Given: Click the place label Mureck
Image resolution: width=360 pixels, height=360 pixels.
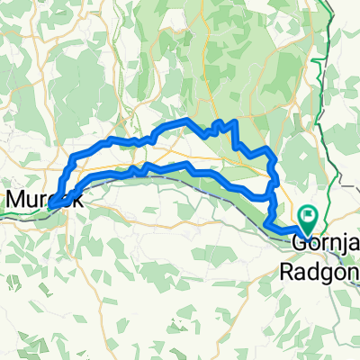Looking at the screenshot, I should click(x=44, y=199).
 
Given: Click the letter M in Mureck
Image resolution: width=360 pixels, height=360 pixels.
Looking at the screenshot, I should click(x=15, y=199).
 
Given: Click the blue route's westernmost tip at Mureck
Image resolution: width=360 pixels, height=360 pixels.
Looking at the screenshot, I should click(x=50, y=206).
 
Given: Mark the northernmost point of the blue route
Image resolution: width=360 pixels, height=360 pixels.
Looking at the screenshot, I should click(x=185, y=119).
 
